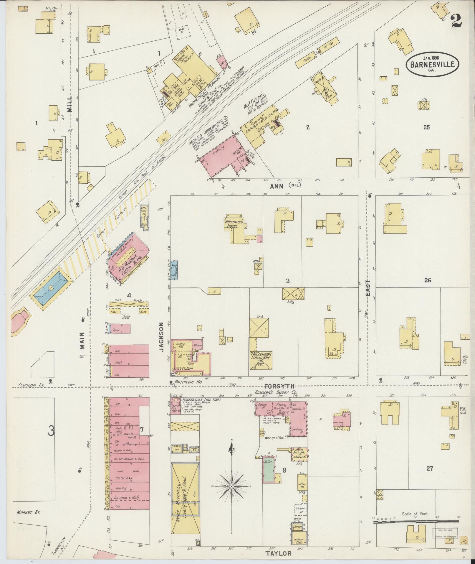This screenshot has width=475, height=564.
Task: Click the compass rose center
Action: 232,486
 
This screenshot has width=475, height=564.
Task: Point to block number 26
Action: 428,280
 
